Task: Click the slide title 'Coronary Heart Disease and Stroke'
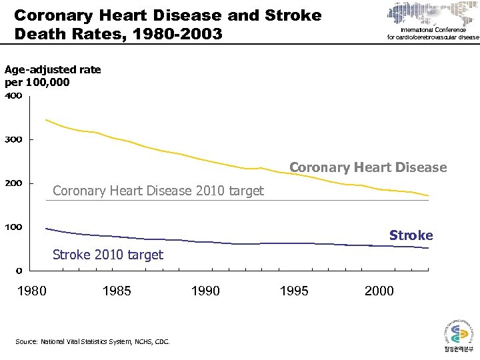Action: [x=167, y=15]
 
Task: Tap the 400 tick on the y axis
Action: [x=14, y=96]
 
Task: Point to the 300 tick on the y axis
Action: [x=14, y=139]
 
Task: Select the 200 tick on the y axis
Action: [x=14, y=183]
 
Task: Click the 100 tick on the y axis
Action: [x=14, y=227]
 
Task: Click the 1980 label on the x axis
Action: [x=31, y=291]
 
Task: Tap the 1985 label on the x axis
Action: [x=117, y=291]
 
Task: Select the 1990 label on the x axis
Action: [x=205, y=291]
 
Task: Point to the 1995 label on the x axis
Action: [x=294, y=291]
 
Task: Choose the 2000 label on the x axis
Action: [x=379, y=291]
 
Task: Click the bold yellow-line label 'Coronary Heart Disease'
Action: [x=368, y=167]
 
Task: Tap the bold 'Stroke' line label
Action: [x=411, y=235]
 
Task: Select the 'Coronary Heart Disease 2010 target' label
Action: [x=158, y=191]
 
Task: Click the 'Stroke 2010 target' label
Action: [x=107, y=255]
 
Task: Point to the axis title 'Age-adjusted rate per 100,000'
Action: [x=53, y=75]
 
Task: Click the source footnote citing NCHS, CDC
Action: [x=92, y=342]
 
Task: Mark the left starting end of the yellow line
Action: [x=45, y=120]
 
